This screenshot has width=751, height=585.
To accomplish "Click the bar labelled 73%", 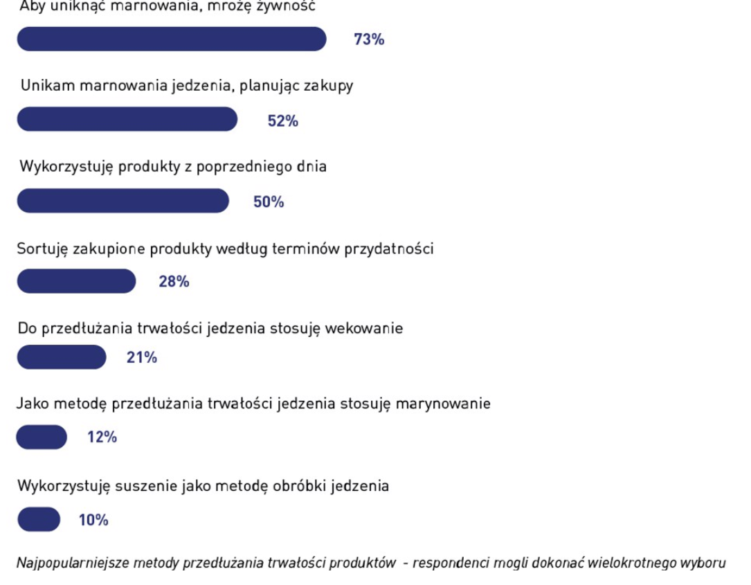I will [171, 39].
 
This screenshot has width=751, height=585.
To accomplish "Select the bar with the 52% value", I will [127, 119].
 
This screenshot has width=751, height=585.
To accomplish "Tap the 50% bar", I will [123, 201].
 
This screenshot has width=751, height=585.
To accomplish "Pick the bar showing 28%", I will [76, 281].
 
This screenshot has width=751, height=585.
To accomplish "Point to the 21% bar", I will [62, 357].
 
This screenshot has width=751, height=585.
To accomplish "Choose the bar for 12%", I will [42, 437].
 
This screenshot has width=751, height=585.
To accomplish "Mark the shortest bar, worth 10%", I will [39, 519].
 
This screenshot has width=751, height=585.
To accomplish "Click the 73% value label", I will [369, 39].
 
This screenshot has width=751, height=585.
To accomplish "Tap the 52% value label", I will [283, 121].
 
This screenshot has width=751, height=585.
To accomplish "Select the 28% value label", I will [174, 282].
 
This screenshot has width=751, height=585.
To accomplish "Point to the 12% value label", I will [102, 438].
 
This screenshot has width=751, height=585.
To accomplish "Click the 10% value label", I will [93, 520].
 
